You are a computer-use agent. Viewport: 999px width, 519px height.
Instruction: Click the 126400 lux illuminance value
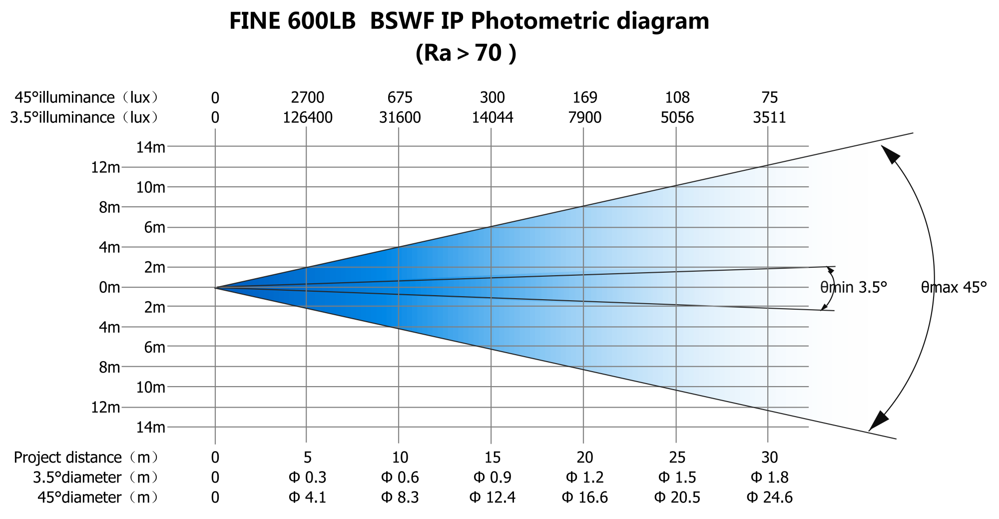tap(307, 117)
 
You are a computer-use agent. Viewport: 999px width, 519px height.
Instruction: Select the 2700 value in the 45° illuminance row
tap(307, 97)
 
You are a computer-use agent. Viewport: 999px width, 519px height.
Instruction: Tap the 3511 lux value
tap(769, 117)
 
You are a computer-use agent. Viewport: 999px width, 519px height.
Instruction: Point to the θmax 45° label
tap(954, 287)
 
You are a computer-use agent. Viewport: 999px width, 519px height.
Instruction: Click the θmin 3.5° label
tap(853, 287)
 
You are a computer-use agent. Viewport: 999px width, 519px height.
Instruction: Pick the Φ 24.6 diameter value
tap(769, 498)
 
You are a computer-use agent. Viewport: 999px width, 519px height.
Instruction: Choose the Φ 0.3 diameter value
tap(307, 478)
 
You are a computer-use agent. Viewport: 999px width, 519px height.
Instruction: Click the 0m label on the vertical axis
tap(109, 287)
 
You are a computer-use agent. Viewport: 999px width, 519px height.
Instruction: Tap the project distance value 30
tap(769, 457)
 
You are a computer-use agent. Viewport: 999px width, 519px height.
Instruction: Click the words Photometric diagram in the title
tap(589, 21)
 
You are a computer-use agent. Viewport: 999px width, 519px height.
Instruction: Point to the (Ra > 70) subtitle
tap(466, 53)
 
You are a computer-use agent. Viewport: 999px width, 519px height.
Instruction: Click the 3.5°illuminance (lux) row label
tap(84, 117)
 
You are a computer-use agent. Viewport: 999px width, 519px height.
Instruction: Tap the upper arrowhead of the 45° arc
tap(890, 153)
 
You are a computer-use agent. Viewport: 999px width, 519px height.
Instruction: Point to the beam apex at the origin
tap(216, 288)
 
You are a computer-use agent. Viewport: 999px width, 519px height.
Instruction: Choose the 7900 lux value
tap(584, 117)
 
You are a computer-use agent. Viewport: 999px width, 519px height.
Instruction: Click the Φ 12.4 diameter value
tap(492, 498)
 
